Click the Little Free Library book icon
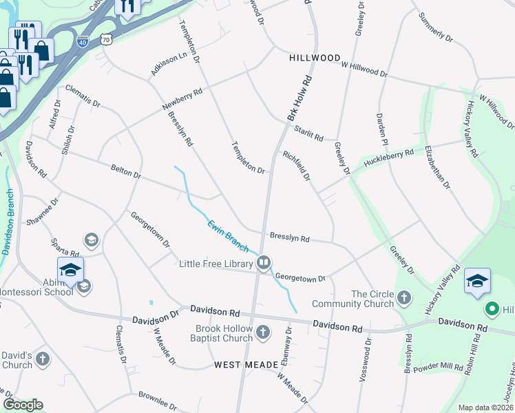264,263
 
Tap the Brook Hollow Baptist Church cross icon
262,334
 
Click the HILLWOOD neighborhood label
315,58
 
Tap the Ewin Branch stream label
229,235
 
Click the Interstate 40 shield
83,41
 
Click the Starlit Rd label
308,134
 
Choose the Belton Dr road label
125,171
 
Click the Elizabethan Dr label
437,167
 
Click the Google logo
23,405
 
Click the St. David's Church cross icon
43,359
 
